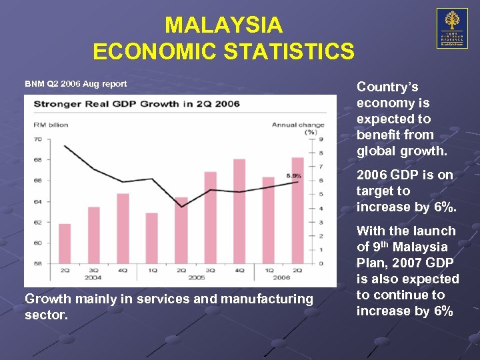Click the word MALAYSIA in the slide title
click(x=223, y=25)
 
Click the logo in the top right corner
click(x=452, y=29)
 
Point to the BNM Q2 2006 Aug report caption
click(x=75, y=84)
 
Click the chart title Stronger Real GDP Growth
click(x=137, y=104)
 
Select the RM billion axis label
click(x=51, y=125)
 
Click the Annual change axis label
click(x=297, y=125)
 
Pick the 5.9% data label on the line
click(x=294, y=176)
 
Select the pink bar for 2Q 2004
click(x=65, y=243)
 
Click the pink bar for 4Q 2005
click(x=238, y=211)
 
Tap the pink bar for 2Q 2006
click(x=297, y=210)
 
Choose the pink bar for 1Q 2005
click(x=151, y=238)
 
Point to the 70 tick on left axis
click(x=38, y=139)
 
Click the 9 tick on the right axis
click(x=321, y=139)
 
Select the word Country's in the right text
click(x=387, y=87)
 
